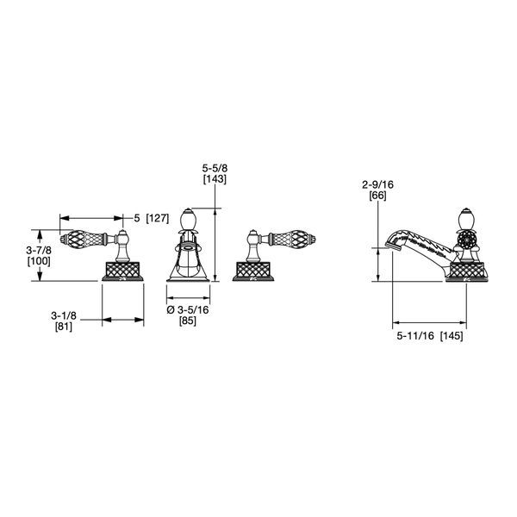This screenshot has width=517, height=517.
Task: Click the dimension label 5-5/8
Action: (215, 169)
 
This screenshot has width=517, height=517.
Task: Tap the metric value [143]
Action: (215, 179)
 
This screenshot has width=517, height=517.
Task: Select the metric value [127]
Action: (158, 218)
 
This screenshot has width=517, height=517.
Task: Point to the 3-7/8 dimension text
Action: (39, 250)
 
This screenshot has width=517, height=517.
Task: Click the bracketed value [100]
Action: (39, 261)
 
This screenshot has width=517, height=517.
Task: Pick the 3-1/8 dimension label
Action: (64, 316)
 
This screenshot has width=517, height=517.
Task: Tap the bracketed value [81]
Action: (64, 327)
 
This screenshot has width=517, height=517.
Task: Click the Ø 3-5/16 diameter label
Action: (188, 310)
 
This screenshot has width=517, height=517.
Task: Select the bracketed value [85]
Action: (188, 321)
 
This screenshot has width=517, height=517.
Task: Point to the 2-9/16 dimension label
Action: (378, 184)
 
